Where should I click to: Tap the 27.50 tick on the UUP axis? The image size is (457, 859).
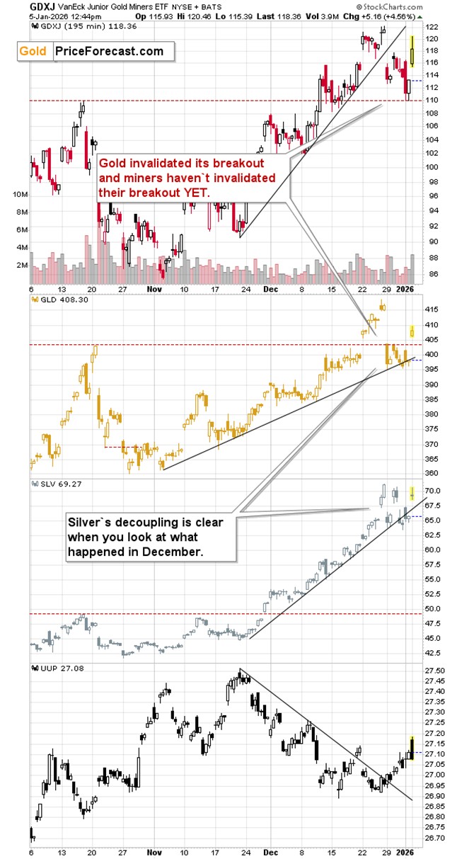click(435, 670)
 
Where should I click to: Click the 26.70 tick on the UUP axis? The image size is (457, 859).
click(435, 838)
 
